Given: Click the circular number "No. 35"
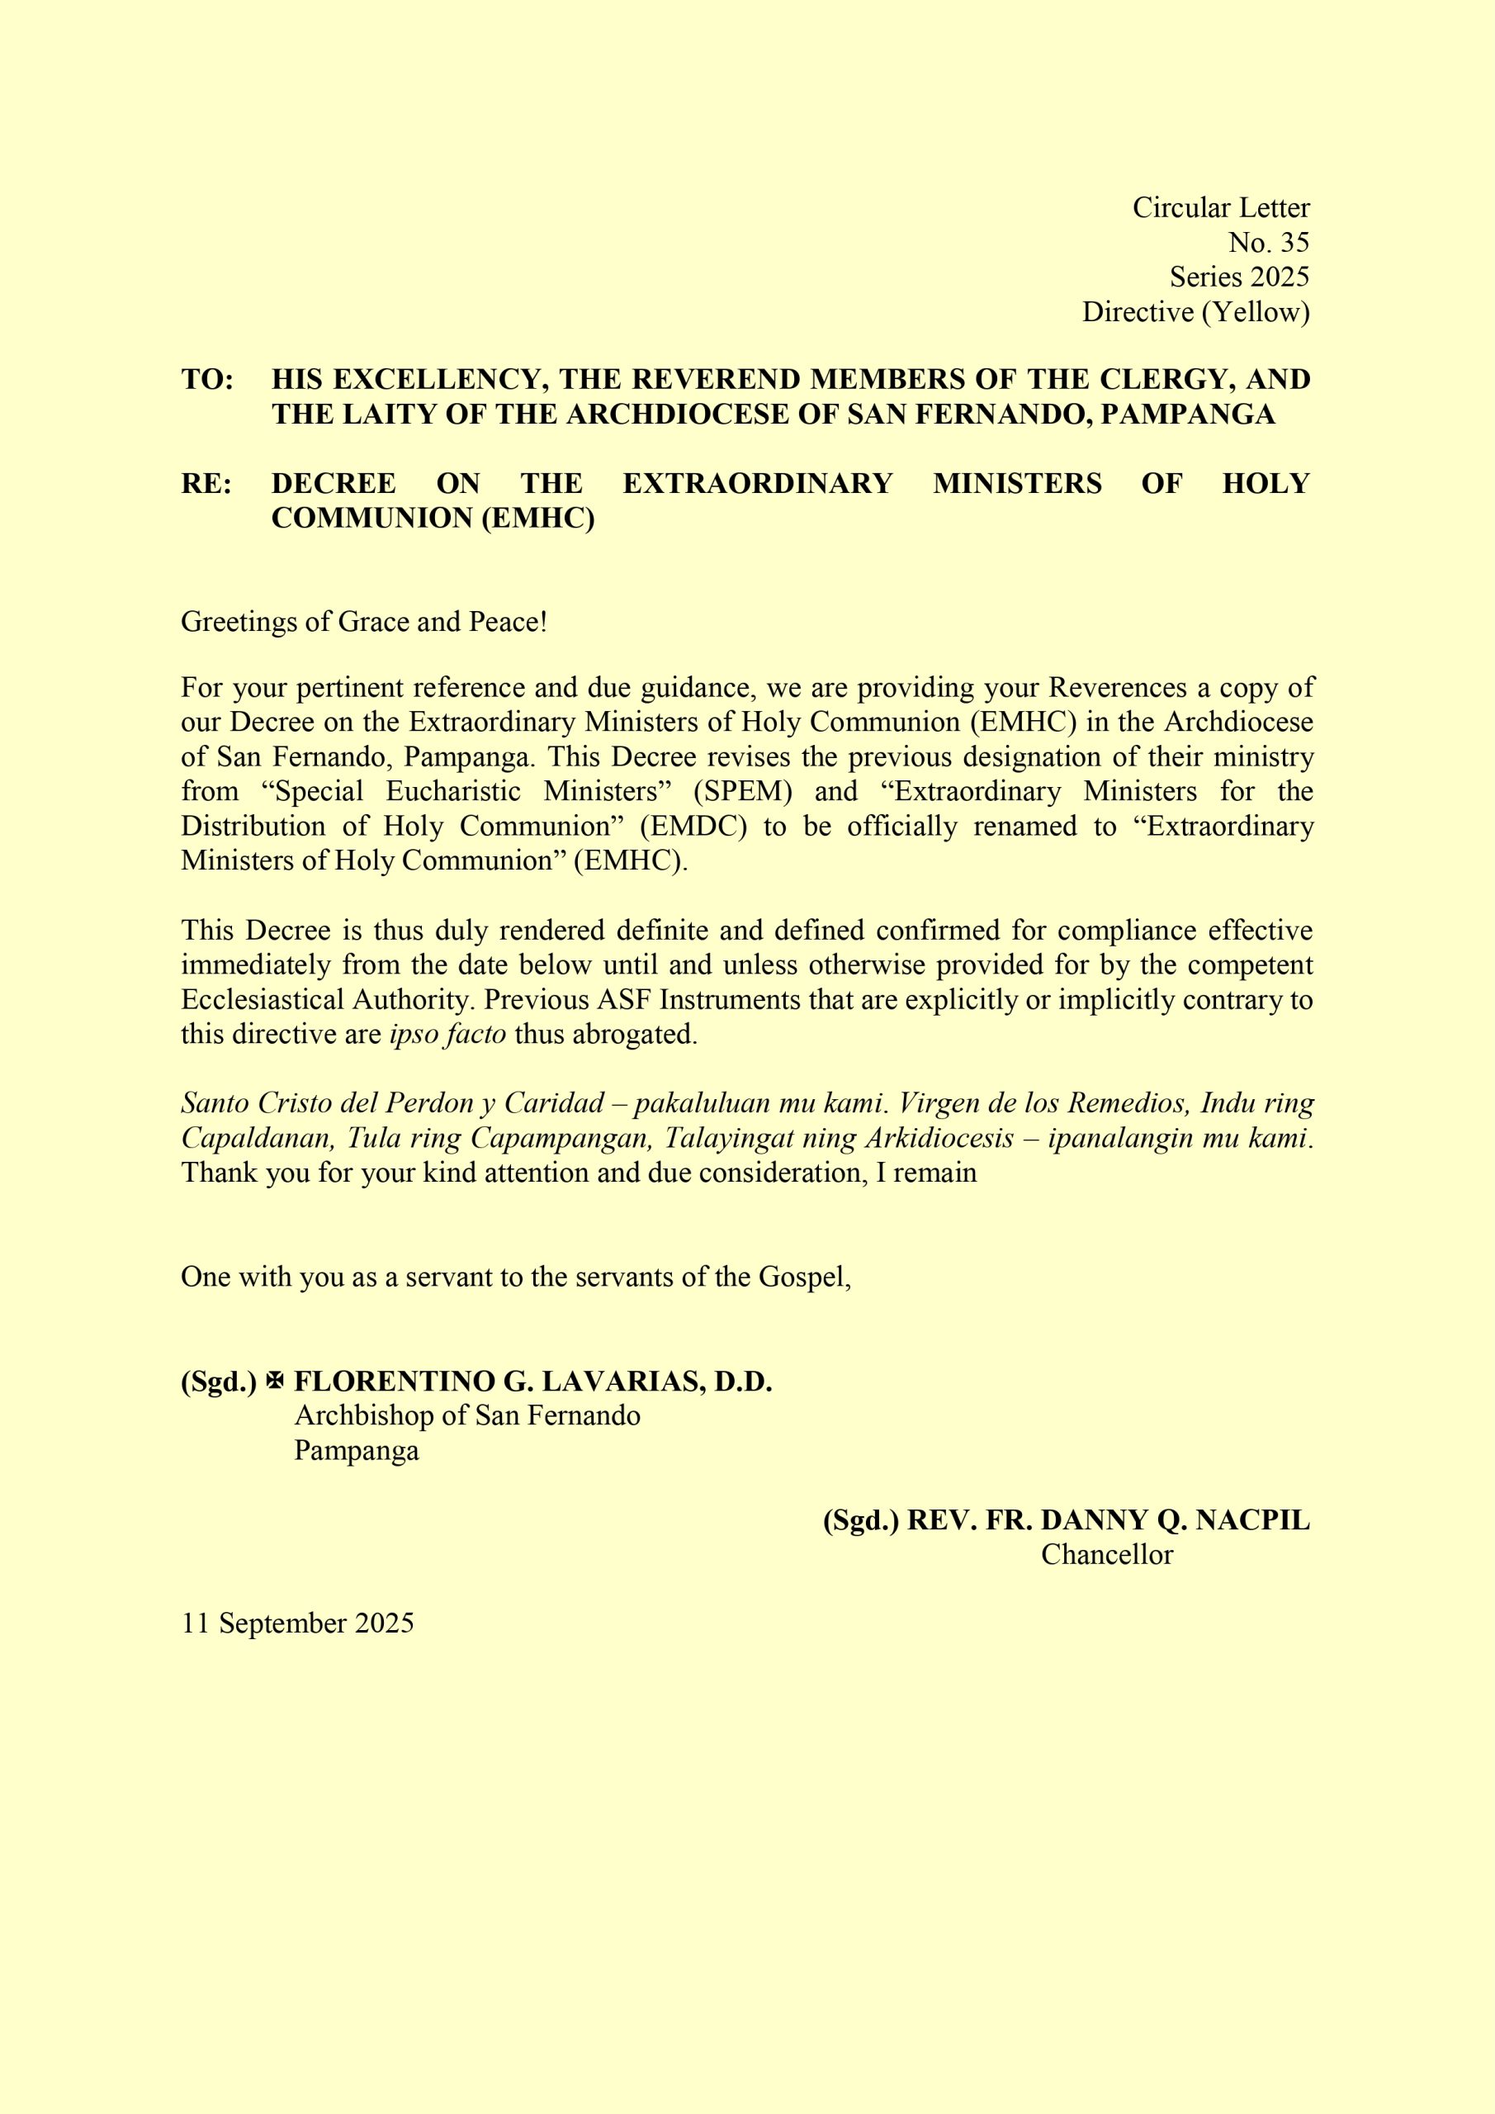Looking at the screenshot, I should [x=1268, y=242].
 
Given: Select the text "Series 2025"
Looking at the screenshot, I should [x=1238, y=277].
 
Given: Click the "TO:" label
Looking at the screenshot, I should [x=207, y=379].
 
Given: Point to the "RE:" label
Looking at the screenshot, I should [x=206, y=483].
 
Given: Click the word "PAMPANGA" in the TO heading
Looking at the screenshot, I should [x=1188, y=415].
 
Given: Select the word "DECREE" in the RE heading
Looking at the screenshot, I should [x=334, y=483].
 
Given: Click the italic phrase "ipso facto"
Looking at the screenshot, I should [x=447, y=1034].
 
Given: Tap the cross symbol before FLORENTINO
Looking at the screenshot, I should [x=274, y=1381].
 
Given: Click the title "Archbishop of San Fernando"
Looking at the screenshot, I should [x=466, y=1415].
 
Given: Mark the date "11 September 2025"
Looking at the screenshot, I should [x=297, y=1623].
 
